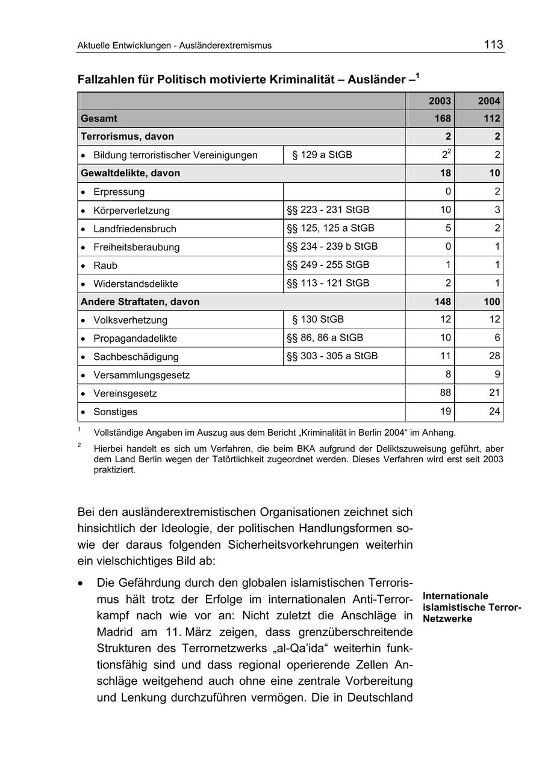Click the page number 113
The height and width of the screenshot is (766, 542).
coord(493,44)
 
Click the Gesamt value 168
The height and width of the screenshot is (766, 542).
coord(443,119)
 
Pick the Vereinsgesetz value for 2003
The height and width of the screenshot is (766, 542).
coord(444,393)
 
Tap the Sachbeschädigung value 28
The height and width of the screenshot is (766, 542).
coord(494,356)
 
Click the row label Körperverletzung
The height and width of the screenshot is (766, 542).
coord(131,211)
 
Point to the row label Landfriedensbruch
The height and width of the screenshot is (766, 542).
coord(135,229)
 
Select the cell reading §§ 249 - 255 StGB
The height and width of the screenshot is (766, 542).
coord(328,265)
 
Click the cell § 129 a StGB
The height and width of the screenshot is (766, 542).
coord(322,155)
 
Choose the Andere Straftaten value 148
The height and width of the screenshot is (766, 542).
coord(443,301)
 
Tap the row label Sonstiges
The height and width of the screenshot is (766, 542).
coord(115,412)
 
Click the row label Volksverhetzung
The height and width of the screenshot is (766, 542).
coord(130,320)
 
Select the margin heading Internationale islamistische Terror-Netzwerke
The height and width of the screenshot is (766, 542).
coord(472,607)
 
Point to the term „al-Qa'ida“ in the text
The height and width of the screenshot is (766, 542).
coord(301,649)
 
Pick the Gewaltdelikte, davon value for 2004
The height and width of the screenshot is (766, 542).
coord(494,173)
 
